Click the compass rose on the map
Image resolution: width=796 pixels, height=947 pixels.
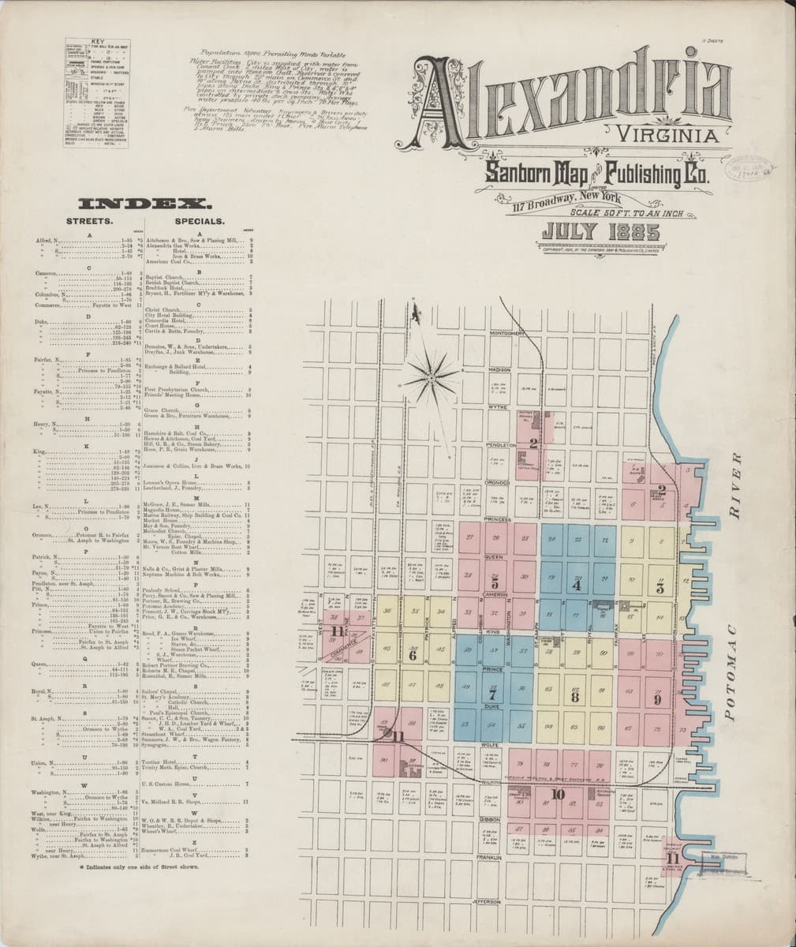432,378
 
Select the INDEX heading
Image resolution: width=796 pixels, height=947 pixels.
139,203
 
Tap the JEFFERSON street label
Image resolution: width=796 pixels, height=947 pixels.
488,900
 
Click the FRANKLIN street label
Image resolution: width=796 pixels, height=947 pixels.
490,855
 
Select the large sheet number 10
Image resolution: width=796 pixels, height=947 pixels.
559,793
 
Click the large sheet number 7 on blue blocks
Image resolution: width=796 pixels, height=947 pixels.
493,697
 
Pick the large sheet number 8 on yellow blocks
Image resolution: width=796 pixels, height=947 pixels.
575,698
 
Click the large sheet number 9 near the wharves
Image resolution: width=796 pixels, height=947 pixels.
658,698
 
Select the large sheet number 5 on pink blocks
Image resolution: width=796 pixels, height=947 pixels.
494,585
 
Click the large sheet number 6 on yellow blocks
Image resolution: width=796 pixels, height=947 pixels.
412,654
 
